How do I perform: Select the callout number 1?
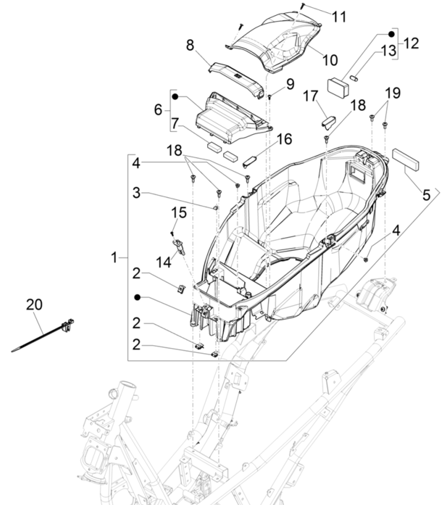coord(114,257)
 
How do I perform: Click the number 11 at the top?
coord(339,17)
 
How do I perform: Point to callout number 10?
coord(330,59)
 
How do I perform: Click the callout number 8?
coord(190,45)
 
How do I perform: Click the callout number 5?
coord(426,194)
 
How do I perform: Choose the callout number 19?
coord(392,93)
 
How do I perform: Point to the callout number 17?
coord(310,96)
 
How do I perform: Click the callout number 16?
coord(284,138)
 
